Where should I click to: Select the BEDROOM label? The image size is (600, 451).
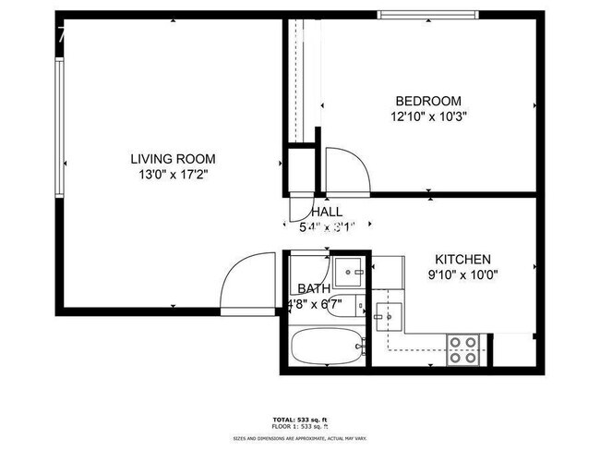[x=427, y=101]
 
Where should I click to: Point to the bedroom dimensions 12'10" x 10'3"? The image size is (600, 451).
[x=427, y=117]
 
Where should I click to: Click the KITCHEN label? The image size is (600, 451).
[x=462, y=260]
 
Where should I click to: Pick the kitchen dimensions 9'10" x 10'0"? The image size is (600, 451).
[x=462, y=274]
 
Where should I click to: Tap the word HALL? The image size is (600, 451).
[x=327, y=212]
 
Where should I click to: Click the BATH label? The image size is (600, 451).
[x=314, y=288]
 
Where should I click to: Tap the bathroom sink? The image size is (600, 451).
[x=349, y=270]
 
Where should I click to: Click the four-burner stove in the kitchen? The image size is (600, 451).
[x=462, y=349]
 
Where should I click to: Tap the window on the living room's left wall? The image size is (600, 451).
[x=58, y=128]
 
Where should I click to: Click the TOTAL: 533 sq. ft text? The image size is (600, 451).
[x=299, y=420]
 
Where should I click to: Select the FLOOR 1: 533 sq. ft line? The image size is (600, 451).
[x=299, y=427]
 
